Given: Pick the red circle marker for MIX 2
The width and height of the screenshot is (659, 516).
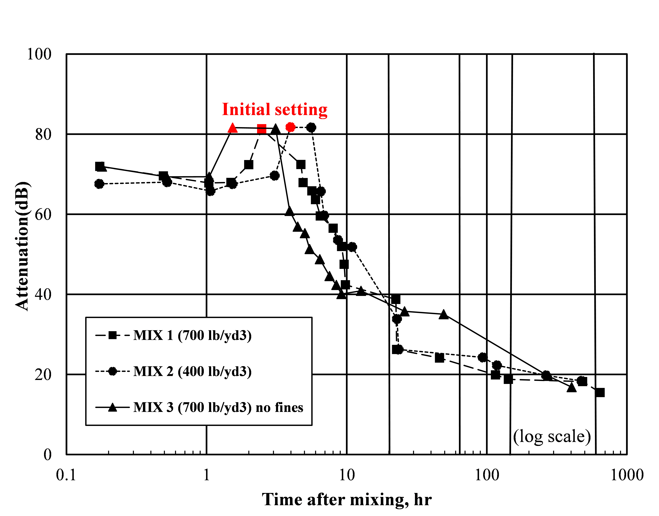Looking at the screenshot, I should coord(290,127).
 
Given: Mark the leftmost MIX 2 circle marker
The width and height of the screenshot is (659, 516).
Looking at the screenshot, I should coord(99,184).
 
